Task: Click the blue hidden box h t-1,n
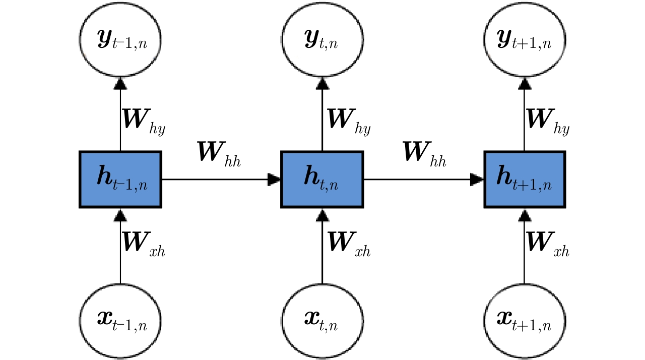coord(120,179)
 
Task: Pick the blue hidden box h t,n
coord(322,179)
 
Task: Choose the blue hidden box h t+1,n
coord(525,179)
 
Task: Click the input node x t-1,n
coord(120,320)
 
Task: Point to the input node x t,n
coord(322,320)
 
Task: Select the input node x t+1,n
coord(524,320)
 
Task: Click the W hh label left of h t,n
coord(219,153)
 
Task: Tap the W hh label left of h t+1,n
coord(424,153)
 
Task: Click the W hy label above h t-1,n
coord(144,122)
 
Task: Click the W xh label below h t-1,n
coord(144,244)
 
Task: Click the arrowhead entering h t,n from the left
coord(274,179)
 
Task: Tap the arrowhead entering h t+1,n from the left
coord(477,179)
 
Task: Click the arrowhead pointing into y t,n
coord(322,83)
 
